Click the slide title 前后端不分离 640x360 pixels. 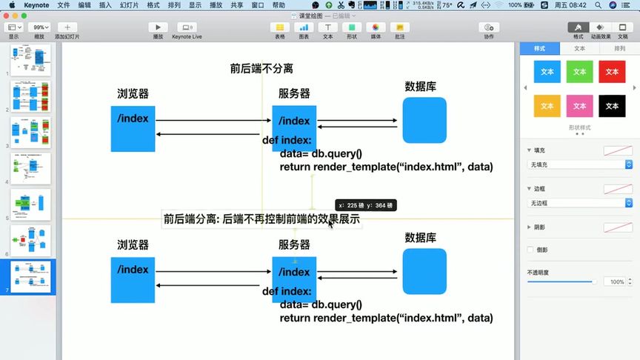(x=261, y=69)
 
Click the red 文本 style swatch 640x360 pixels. (x=611, y=72)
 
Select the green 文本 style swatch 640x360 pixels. (x=579, y=72)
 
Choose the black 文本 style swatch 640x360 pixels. (x=611, y=106)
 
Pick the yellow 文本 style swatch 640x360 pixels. (x=547, y=106)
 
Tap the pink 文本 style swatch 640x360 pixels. (x=579, y=106)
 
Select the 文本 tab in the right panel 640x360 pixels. (x=579, y=48)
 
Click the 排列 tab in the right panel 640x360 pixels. (x=619, y=48)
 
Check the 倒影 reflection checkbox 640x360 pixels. (x=530, y=250)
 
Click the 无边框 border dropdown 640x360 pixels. (x=579, y=202)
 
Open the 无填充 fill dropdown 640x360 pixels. (x=579, y=164)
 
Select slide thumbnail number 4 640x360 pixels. (x=31, y=170)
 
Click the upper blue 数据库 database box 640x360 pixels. (x=424, y=120)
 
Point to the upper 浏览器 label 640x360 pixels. (x=133, y=94)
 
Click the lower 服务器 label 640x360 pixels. (x=294, y=245)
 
